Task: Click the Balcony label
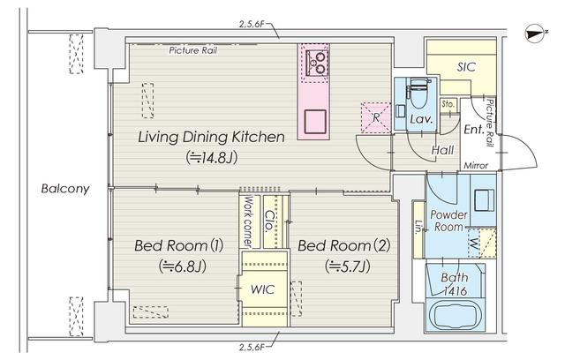click(x=65, y=188)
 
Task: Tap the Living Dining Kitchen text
click(x=212, y=137)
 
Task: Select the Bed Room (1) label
click(x=179, y=245)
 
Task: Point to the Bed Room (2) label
click(x=344, y=245)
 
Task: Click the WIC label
click(x=263, y=289)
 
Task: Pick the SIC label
click(x=466, y=67)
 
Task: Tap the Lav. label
click(x=421, y=119)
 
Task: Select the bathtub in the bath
click(x=455, y=317)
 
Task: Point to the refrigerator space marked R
click(x=376, y=117)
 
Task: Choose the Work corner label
click(x=248, y=221)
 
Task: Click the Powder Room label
click(x=448, y=221)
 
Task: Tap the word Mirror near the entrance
click(x=476, y=166)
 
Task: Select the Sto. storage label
click(x=448, y=104)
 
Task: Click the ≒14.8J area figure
click(x=212, y=157)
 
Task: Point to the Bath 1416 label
click(x=455, y=284)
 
